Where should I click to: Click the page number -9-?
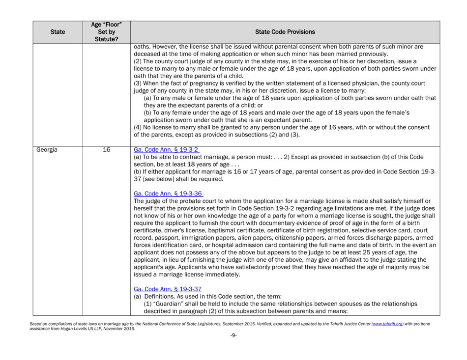click(x=233, y=351)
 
